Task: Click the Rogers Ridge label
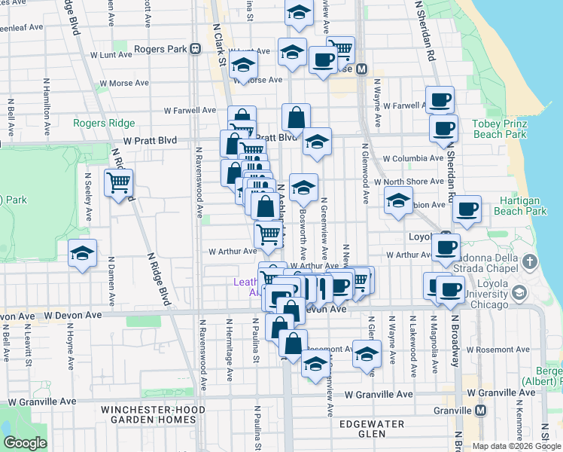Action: click(x=104, y=124)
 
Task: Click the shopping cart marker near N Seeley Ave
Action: click(x=119, y=183)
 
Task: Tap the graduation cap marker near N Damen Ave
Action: click(x=83, y=254)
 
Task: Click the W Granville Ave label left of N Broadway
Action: click(x=379, y=394)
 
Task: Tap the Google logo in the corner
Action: click(x=25, y=443)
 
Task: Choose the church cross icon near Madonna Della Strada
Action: click(x=530, y=262)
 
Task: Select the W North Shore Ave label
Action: click(x=412, y=182)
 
